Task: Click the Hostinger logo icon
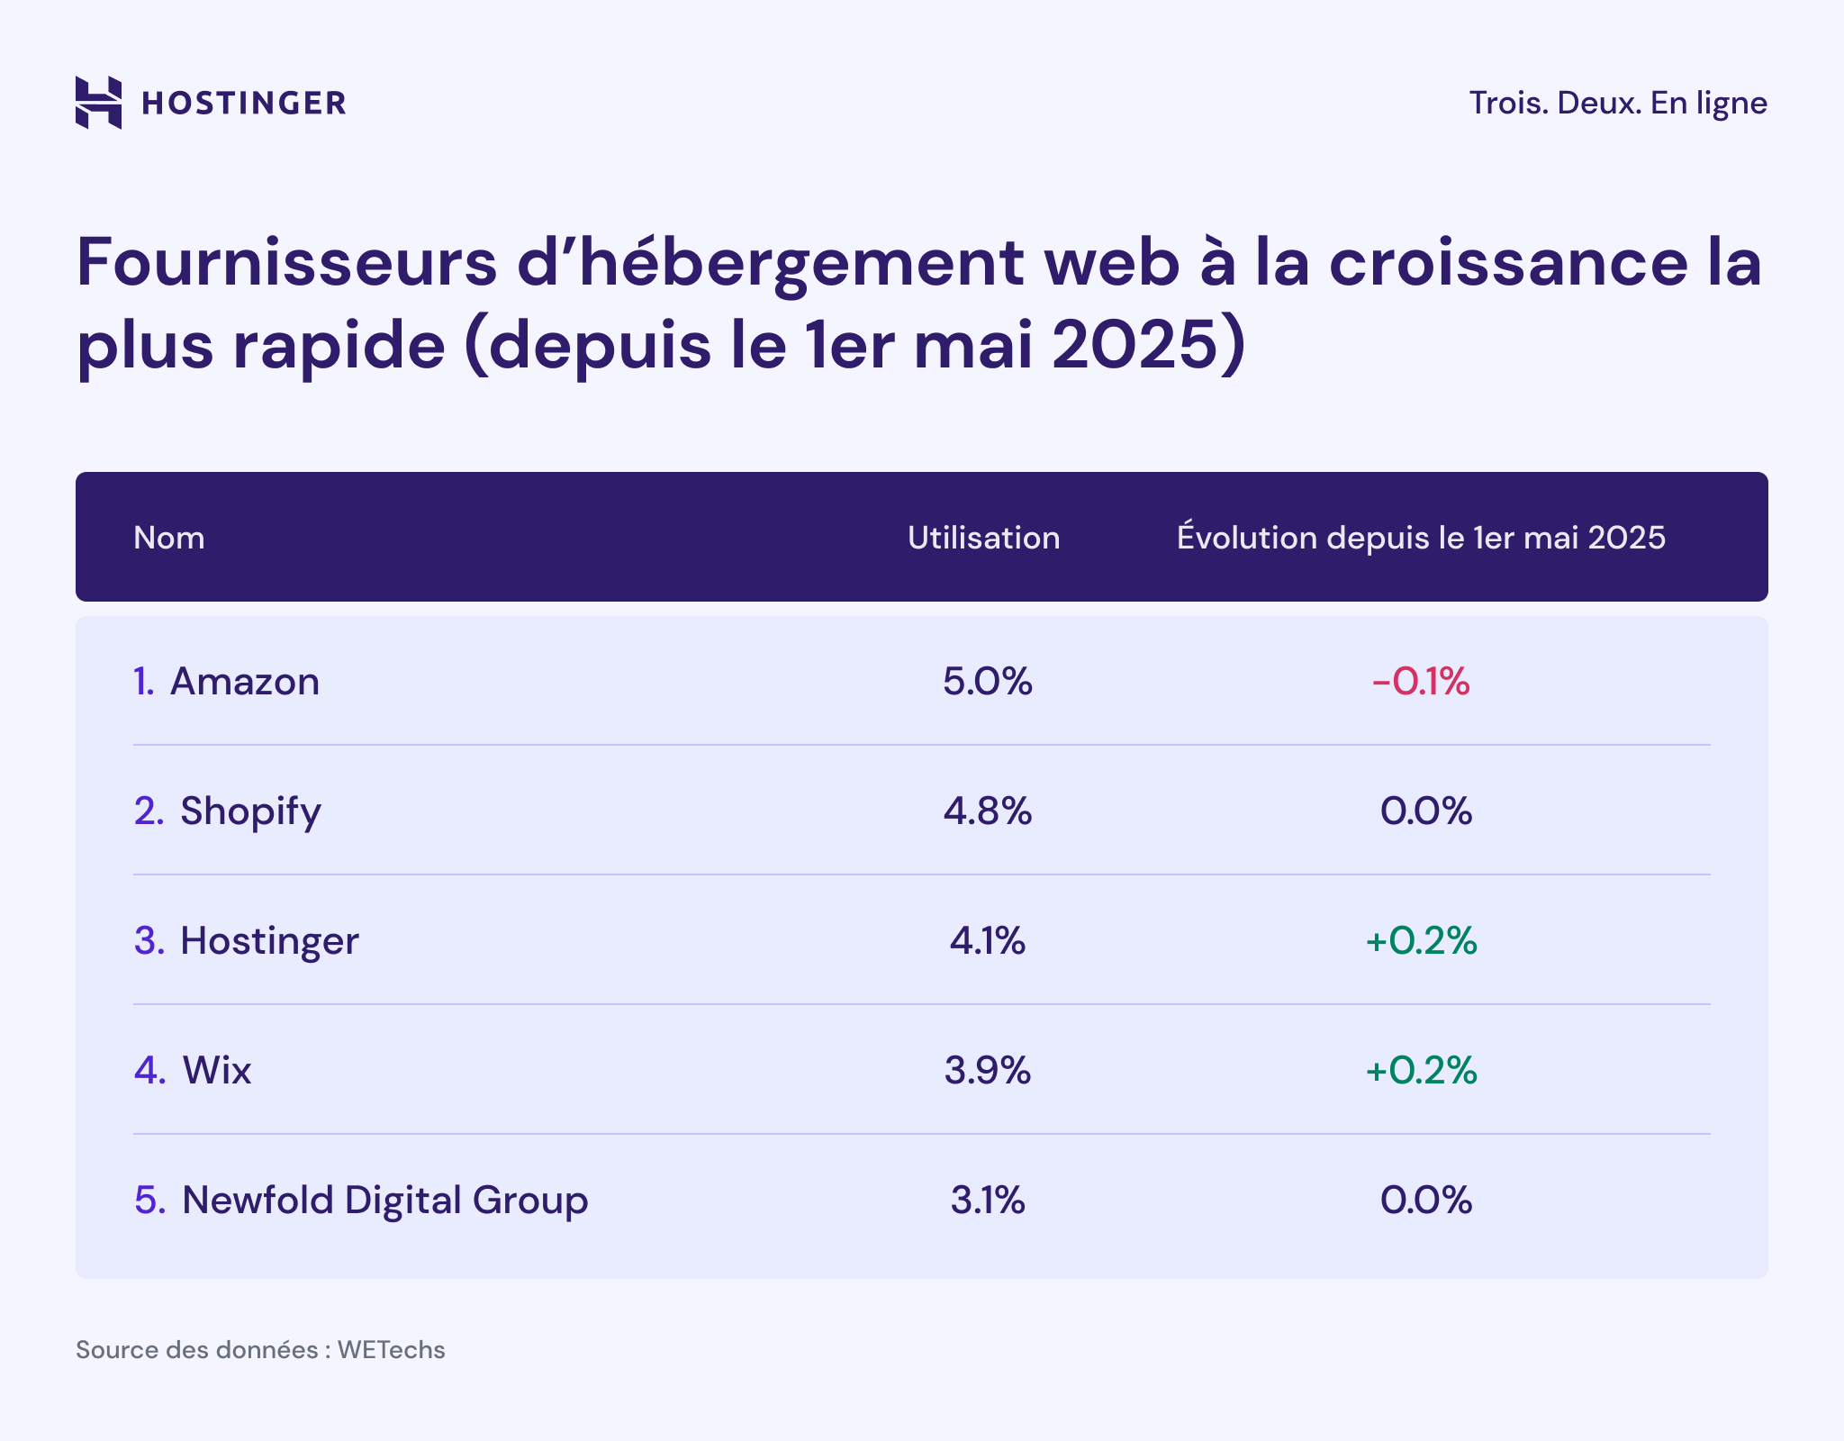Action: [98, 103]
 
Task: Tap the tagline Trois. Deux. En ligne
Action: [1617, 103]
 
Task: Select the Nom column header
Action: [169, 538]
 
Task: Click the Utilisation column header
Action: [983, 538]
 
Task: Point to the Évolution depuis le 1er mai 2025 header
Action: [1421, 538]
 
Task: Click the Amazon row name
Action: [244, 682]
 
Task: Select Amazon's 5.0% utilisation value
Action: [987, 682]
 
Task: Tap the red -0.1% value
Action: [1421, 682]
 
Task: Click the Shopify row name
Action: [249, 811]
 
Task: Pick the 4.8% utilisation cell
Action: [987, 811]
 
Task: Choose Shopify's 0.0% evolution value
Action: [1425, 811]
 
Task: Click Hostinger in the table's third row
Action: [268, 941]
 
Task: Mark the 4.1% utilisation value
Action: [987, 941]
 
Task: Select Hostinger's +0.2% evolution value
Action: [1421, 941]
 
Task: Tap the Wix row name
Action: [216, 1071]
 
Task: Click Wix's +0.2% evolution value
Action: [1421, 1071]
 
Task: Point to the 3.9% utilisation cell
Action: [987, 1071]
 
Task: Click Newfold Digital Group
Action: [384, 1201]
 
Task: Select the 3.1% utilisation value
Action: [987, 1201]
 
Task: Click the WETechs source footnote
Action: [260, 1350]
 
